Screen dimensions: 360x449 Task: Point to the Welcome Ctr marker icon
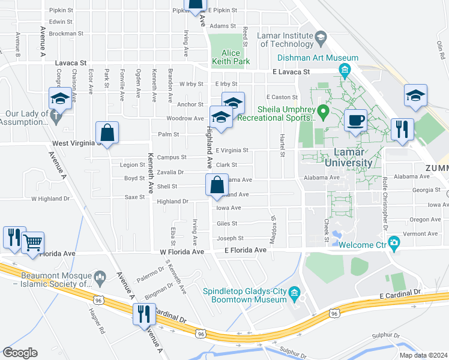pyautogui.click(x=394, y=243)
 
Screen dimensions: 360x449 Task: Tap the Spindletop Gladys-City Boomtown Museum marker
pyautogui.click(x=294, y=293)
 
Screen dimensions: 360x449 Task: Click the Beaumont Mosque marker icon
pyautogui.click(x=100, y=277)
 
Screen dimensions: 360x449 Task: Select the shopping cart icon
pyautogui.click(x=33, y=243)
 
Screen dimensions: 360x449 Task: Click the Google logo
pyautogui.click(x=20, y=352)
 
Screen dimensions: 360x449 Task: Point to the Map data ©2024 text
pyautogui.click(x=423, y=355)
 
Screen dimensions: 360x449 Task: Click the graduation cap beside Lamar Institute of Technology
pyautogui.click(x=321, y=39)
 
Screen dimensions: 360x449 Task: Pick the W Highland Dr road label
pyautogui.click(x=50, y=198)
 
